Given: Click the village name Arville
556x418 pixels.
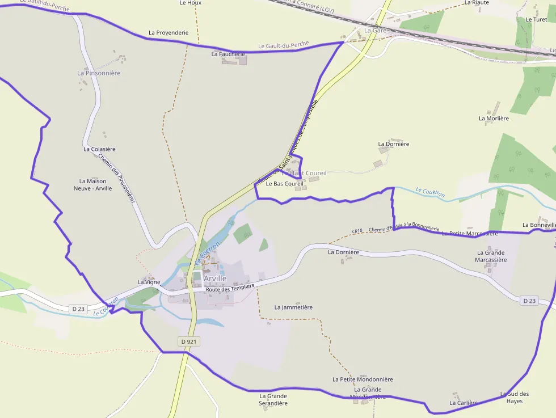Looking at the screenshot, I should pyautogui.click(x=215, y=278).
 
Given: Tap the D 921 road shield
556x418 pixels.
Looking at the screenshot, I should pyautogui.click(x=189, y=341).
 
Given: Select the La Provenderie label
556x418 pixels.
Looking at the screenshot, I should pyautogui.click(x=169, y=33).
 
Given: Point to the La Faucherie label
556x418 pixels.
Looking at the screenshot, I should pyautogui.click(x=228, y=54).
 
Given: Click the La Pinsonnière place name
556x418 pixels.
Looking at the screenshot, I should pyautogui.click(x=99, y=73).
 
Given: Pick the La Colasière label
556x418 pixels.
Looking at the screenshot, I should pyautogui.click(x=99, y=149).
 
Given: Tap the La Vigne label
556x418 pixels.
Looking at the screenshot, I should pyautogui.click(x=149, y=282).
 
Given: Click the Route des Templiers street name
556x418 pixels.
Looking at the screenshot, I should pyautogui.click(x=230, y=288).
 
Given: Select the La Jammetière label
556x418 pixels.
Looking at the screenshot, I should pyautogui.click(x=293, y=307).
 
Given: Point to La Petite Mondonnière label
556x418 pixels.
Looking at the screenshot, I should pyautogui.click(x=363, y=379).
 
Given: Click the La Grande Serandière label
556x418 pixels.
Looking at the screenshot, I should pyautogui.click(x=273, y=400).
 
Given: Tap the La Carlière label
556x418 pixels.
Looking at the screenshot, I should pyautogui.click(x=464, y=403).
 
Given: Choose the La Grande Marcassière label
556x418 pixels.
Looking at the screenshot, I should pyautogui.click(x=491, y=256).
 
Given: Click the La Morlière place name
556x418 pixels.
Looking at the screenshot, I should pyautogui.click(x=494, y=119).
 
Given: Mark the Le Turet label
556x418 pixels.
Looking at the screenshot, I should pyautogui.click(x=536, y=19).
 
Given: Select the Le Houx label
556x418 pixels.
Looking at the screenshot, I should pyautogui.click(x=190, y=3).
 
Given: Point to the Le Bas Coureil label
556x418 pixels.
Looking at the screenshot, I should pyautogui.click(x=284, y=184).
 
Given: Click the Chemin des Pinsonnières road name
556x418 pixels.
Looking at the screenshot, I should pyautogui.click(x=116, y=179).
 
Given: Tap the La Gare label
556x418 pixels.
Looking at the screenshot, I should pyautogui.click(x=375, y=30).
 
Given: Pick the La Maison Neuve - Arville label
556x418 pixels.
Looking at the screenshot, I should pyautogui.click(x=93, y=185).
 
